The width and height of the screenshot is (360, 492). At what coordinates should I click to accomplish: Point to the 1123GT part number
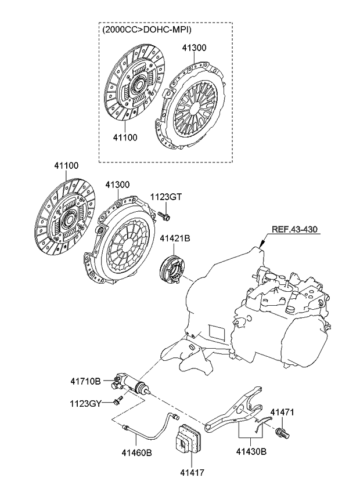[x=167, y=197]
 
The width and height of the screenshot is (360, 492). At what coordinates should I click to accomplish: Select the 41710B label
[x=85, y=381]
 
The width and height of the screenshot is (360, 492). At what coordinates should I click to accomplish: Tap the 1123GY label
[x=86, y=402]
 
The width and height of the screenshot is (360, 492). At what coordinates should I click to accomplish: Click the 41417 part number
[x=189, y=473]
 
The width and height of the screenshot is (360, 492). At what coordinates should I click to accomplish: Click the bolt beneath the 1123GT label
[x=163, y=216]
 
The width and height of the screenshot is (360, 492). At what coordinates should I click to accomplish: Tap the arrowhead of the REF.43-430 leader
[x=262, y=247]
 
